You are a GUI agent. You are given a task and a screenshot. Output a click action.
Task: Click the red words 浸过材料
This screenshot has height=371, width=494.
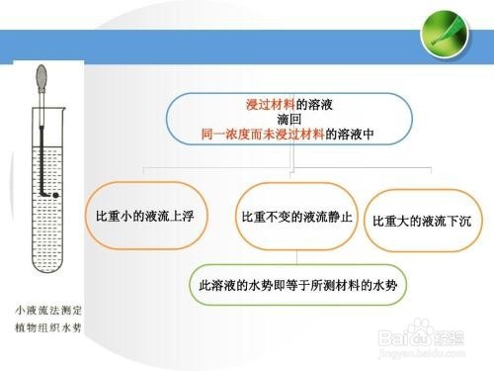coord(270,104)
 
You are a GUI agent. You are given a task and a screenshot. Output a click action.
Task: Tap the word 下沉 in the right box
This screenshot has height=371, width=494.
coord(459,220)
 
